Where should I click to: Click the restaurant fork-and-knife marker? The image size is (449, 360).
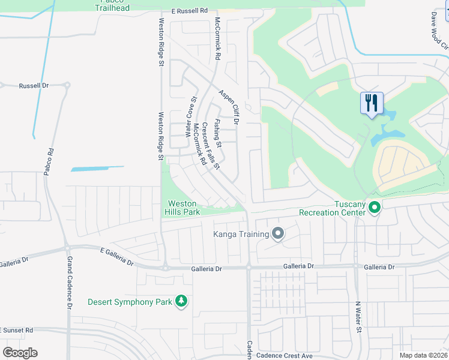tap(372, 103)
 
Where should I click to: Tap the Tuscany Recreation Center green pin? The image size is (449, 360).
tap(375, 208)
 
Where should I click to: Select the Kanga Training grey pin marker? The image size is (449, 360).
tap(277, 233)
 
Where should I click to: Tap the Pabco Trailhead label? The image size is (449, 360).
tap(112, 5)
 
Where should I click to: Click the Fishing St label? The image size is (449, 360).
tap(218, 133)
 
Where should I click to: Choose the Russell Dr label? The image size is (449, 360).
tap(34, 86)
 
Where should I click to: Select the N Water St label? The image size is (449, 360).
tap(358, 317)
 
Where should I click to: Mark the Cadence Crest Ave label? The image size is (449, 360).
tap(285, 356)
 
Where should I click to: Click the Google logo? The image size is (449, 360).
tap(19, 352)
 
